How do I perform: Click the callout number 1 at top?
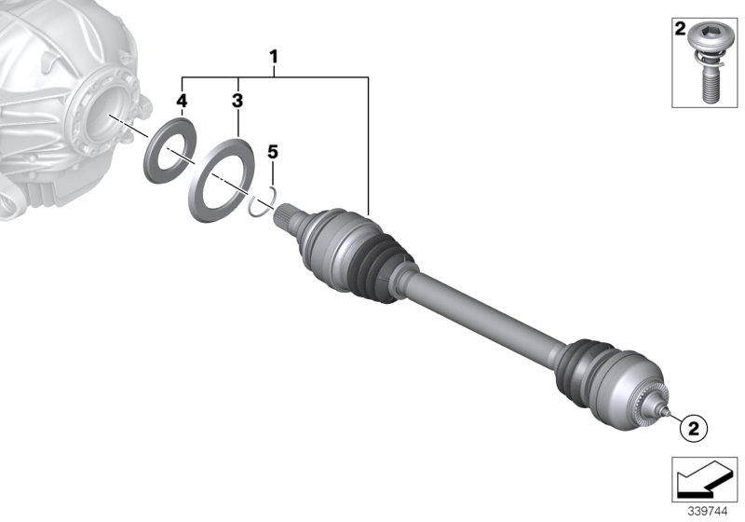(x=274, y=58)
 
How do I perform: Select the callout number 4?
(x=183, y=99)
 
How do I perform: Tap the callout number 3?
(x=237, y=99)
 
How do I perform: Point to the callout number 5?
(x=272, y=149)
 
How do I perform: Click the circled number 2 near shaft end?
(x=692, y=429)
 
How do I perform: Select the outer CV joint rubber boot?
(x=582, y=363)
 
